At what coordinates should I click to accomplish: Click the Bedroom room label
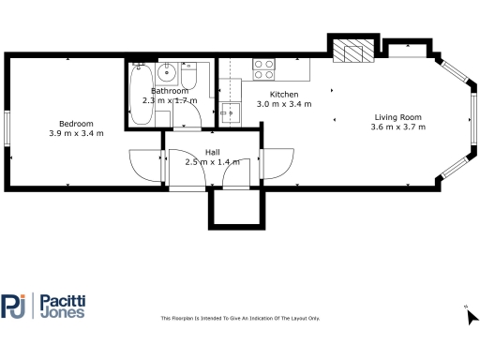tap(76, 124)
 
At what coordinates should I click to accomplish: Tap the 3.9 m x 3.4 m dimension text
tap(76, 133)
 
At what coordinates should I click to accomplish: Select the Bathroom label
tap(157, 91)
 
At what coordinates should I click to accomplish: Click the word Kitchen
tap(284, 96)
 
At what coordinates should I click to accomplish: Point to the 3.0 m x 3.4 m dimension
tap(284, 105)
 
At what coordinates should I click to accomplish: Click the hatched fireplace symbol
tap(353, 52)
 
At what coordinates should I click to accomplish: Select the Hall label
tap(212, 152)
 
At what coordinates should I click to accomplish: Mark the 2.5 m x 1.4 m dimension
tap(212, 161)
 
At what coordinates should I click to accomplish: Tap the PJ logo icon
tap(14, 306)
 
